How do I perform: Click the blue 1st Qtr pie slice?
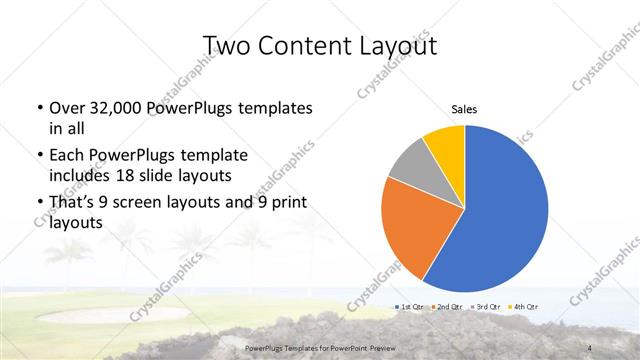(500, 210)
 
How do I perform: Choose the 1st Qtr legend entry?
(411, 305)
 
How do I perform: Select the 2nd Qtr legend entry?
(447, 305)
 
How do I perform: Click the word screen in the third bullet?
(154, 205)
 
